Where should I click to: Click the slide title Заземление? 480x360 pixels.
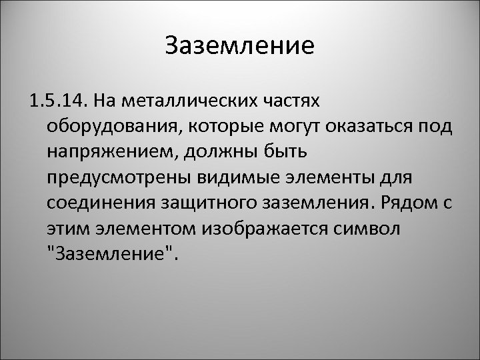point(239,46)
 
